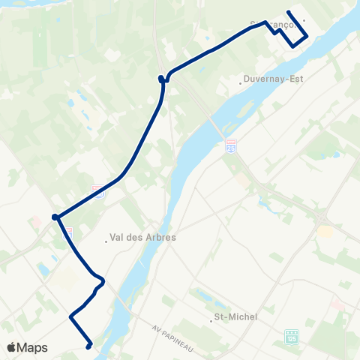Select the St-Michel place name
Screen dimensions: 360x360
pyautogui.click(x=235, y=317)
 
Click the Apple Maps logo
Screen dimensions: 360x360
pyautogui.click(x=27, y=348)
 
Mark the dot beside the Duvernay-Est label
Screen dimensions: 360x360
pyautogui.click(x=240, y=83)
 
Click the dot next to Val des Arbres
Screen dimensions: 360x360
pyautogui.click(x=106, y=241)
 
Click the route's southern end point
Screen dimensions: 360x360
pyautogui.click(x=88, y=346)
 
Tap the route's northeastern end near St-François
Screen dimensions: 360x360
pyautogui.click(x=289, y=12)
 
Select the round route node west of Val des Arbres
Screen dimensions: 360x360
pyautogui.click(x=55, y=217)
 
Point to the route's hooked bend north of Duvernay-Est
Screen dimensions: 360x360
pyautogui.click(x=161, y=78)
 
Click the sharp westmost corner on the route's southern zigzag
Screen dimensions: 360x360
pyautogui.click(x=71, y=317)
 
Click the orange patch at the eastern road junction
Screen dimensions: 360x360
pyautogui.click(x=325, y=231)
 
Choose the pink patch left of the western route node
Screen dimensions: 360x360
pyautogui.click(x=36, y=222)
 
